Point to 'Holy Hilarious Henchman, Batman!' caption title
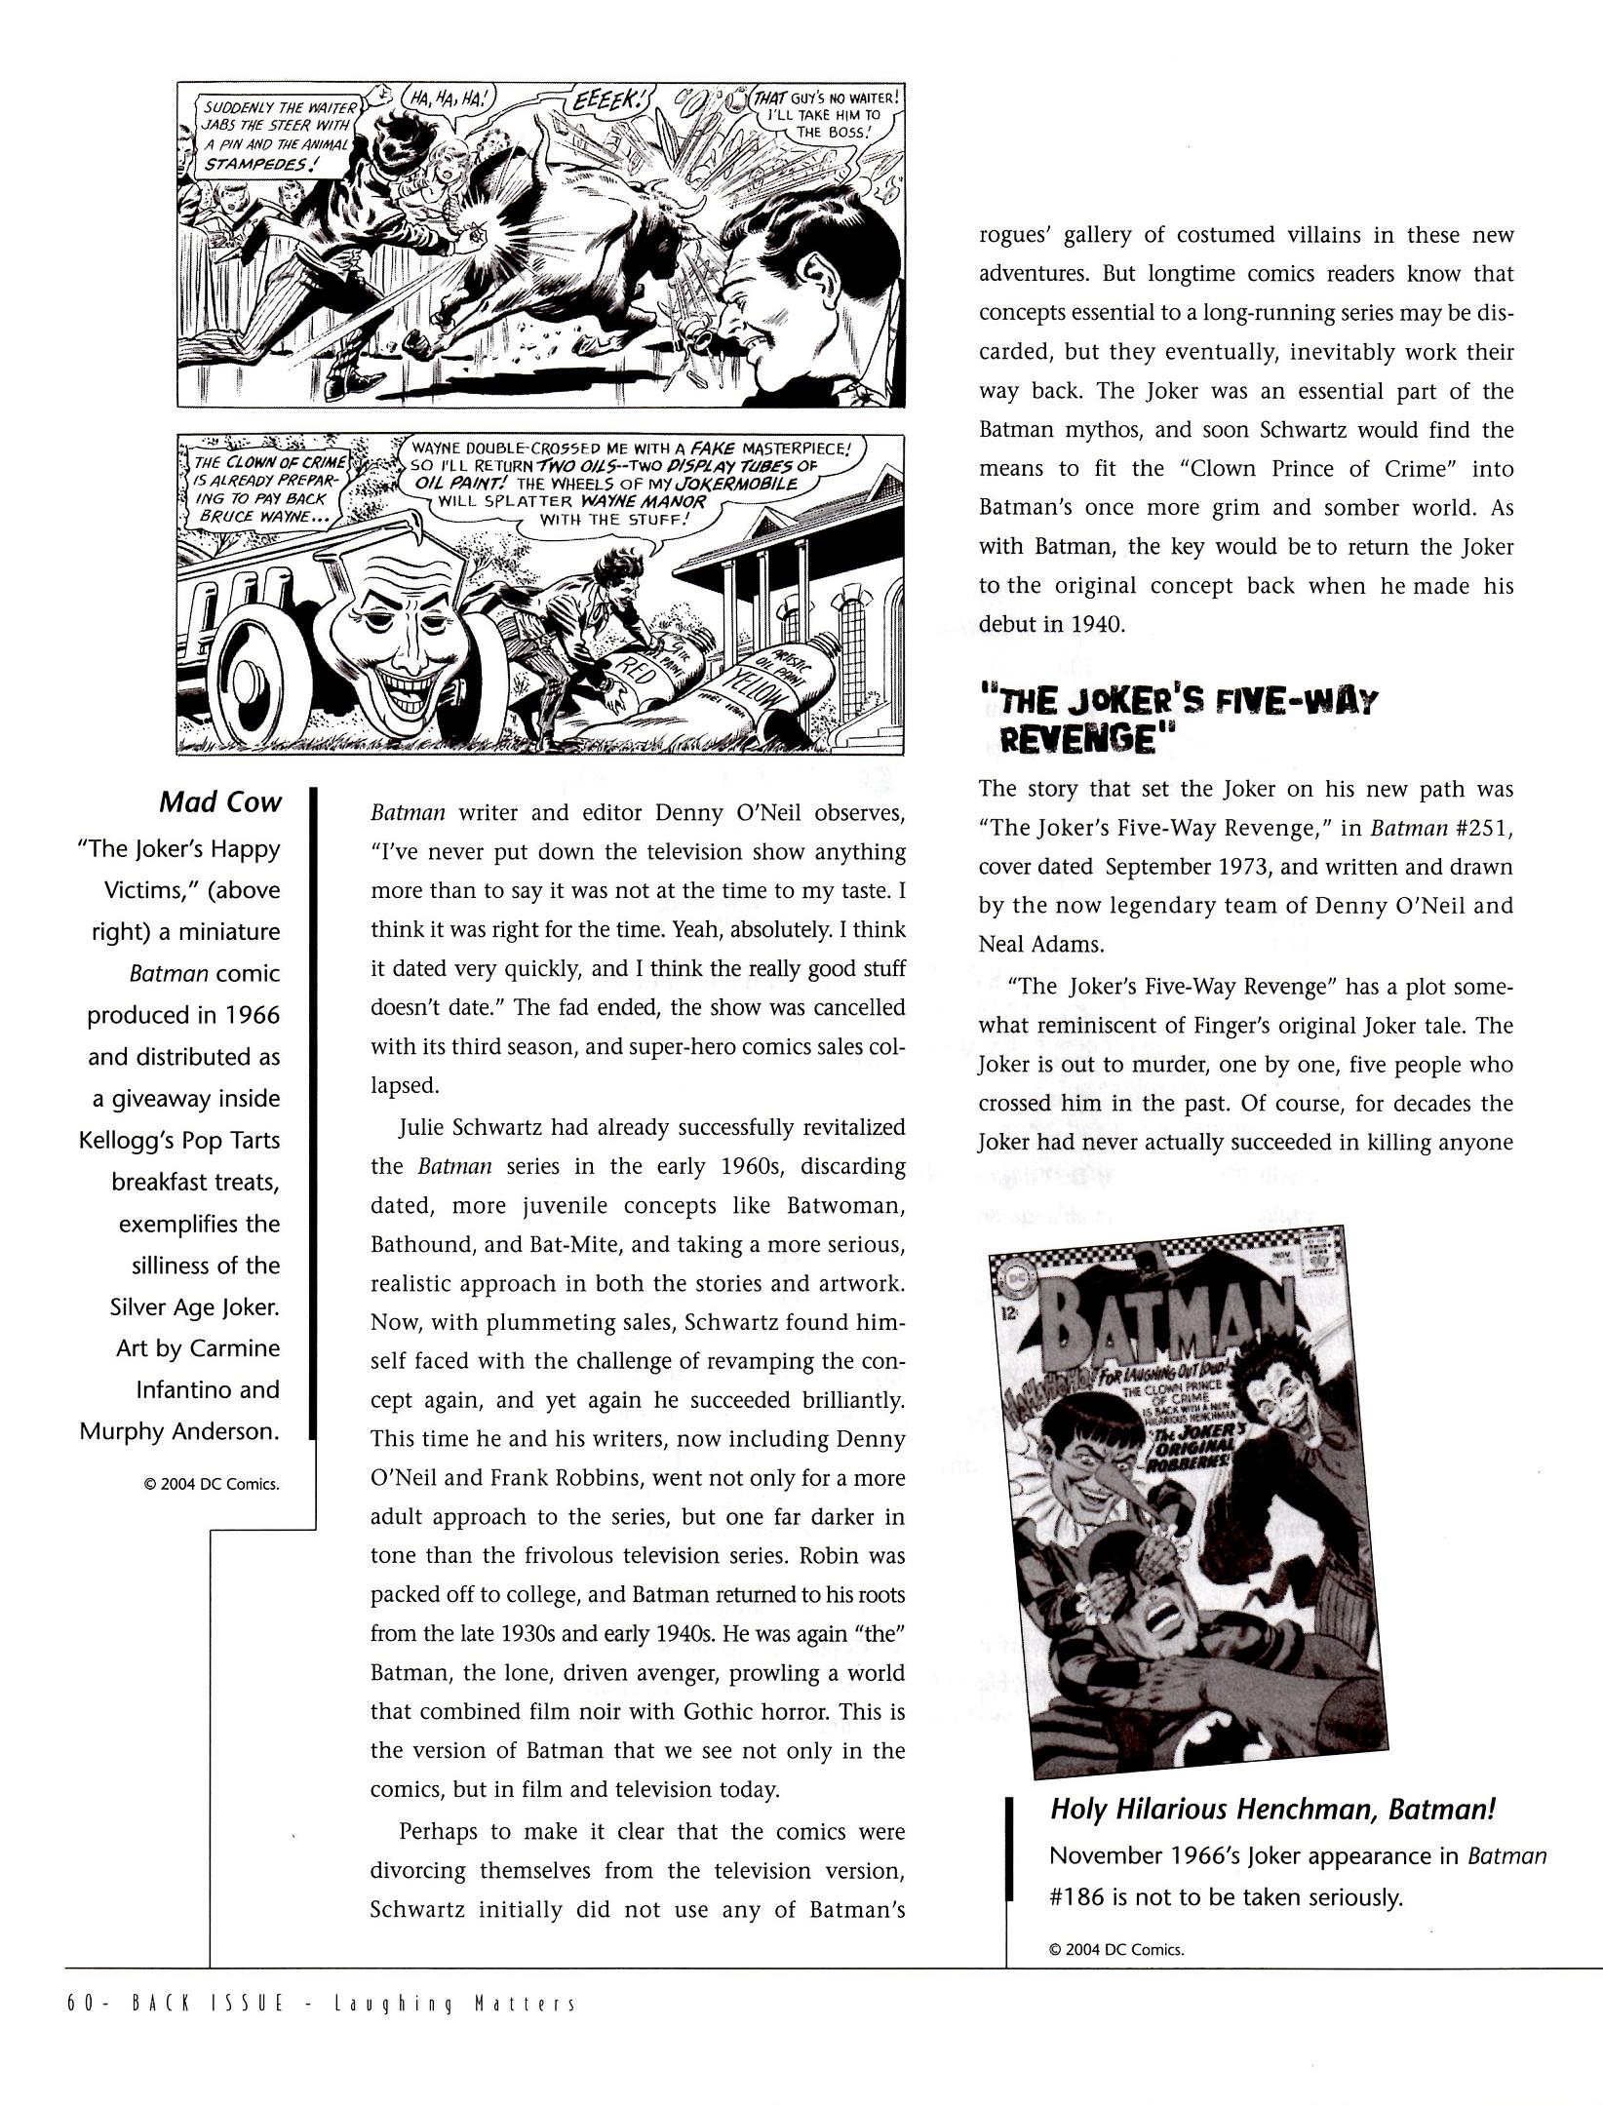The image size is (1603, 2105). (1272, 1810)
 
